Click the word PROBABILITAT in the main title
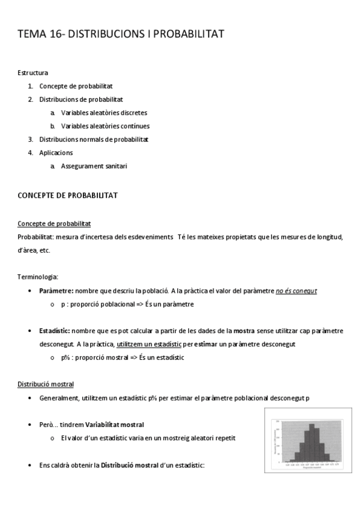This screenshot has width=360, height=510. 189,34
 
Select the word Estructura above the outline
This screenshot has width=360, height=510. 33,73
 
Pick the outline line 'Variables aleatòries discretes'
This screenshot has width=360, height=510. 104,112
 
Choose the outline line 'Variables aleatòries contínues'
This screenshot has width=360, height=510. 105,126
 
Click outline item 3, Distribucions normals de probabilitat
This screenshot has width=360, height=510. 94,139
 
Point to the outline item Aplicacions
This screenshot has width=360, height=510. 56,153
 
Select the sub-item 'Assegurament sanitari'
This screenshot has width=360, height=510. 94,166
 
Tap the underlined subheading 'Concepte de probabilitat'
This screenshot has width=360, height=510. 55,224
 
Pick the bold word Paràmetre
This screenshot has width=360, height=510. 56,290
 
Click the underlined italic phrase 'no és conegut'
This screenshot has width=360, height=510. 296,290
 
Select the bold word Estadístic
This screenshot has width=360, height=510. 55,331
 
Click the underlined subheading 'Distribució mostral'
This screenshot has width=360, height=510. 46,384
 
